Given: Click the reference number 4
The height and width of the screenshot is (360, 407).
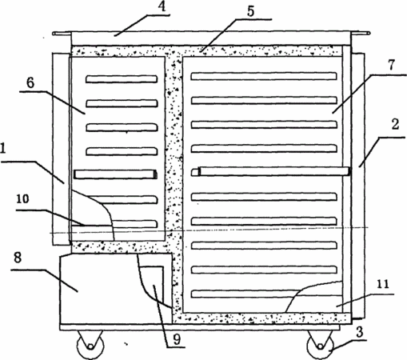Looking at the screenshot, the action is [x=162, y=6].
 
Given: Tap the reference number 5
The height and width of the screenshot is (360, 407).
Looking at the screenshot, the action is [x=251, y=11].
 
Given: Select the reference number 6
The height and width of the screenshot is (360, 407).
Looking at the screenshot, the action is [x=30, y=83].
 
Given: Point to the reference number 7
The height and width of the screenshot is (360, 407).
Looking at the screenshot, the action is [x=391, y=65].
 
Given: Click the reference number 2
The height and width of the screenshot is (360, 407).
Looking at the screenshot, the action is [x=395, y=125].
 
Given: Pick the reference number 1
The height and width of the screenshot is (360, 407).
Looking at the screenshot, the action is [x=2, y=148].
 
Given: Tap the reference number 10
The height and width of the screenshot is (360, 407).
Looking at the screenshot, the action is [x=22, y=199].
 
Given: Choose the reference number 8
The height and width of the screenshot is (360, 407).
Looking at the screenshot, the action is [x=18, y=258].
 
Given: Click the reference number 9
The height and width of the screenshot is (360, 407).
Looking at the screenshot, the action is [x=177, y=339].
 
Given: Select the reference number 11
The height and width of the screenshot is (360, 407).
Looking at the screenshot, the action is [x=383, y=284].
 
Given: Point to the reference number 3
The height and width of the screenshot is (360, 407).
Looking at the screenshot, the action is [x=360, y=332].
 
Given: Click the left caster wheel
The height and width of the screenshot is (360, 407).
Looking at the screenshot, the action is [x=90, y=346].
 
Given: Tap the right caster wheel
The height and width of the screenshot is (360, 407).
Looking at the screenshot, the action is [x=321, y=346].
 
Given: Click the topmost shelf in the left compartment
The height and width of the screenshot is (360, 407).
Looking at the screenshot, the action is [x=122, y=79].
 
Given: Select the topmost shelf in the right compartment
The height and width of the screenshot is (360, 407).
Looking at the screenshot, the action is [x=264, y=76].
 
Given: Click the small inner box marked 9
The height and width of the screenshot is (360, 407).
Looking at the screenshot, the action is [x=152, y=290].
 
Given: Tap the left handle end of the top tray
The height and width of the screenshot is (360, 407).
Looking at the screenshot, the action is [x=62, y=34].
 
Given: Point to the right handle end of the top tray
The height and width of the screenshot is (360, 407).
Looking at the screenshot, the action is [x=360, y=34].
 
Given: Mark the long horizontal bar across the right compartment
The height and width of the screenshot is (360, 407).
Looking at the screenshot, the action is [x=274, y=171].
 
